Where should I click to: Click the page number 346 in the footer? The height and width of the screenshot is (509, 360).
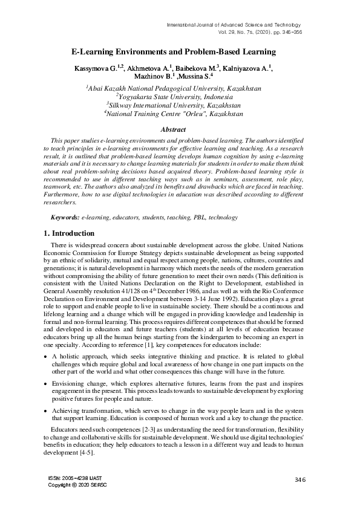coord(301,479)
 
